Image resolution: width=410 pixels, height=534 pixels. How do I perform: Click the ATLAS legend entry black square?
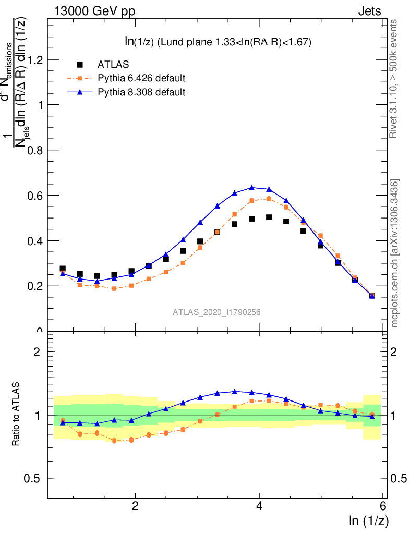pyautogui.click(x=80, y=65)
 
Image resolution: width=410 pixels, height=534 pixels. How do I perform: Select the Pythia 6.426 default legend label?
pyautogui.click(x=141, y=78)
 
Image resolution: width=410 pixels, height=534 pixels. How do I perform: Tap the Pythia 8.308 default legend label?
pyautogui.click(x=141, y=92)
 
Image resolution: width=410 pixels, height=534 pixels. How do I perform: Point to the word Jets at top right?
pyautogui.click(x=369, y=11)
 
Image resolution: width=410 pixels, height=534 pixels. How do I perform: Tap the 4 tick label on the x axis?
pyautogui.click(x=259, y=506)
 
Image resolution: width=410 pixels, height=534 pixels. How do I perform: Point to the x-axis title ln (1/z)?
pyautogui.click(x=368, y=520)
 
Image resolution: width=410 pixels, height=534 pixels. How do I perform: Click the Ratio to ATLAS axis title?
pyautogui.click(x=16, y=415)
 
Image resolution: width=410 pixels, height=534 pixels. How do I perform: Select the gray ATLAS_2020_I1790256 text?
pyautogui.click(x=217, y=312)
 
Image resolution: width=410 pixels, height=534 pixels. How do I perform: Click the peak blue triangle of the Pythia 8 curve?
pyautogui.click(x=252, y=187)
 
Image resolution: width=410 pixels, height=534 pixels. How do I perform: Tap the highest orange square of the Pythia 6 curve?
pyautogui.click(x=269, y=199)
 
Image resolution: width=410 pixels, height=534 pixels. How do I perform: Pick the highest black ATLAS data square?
pyautogui.click(x=269, y=217)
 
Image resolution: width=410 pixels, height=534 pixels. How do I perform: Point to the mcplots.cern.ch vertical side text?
pyautogui.click(x=395, y=253)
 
